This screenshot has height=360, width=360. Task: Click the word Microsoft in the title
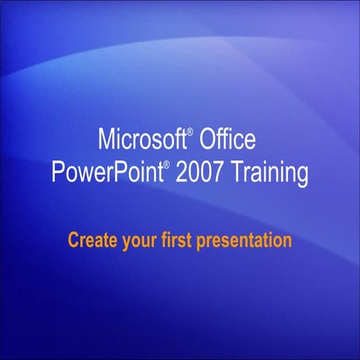pos(142,139)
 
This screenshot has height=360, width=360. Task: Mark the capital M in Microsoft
pos(106,139)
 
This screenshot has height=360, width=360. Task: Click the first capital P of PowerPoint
pos(58,172)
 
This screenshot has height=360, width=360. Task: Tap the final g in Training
pos(301,175)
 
